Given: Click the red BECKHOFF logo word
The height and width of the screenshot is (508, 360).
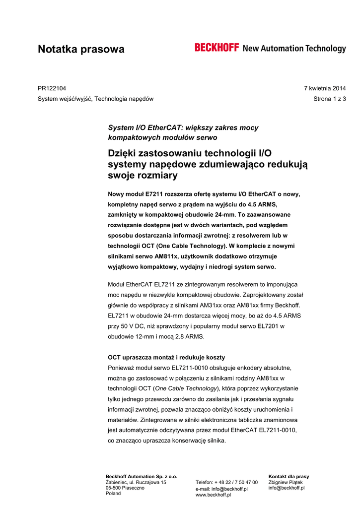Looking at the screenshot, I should [x=217, y=48].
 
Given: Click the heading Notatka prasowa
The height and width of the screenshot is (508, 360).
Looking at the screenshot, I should [x=81, y=49].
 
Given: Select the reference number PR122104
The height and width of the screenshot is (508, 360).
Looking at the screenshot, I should [x=52, y=88].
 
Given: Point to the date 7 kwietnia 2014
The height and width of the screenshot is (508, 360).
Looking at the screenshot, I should [x=325, y=88].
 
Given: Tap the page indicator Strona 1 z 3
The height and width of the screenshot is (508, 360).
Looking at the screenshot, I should [x=330, y=99].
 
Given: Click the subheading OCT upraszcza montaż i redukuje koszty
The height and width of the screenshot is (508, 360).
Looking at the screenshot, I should [x=166, y=357].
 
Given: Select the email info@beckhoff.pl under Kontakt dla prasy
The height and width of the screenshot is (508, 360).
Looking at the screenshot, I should [x=287, y=488].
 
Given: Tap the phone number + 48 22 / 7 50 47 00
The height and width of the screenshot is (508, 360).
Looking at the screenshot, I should [x=236, y=482].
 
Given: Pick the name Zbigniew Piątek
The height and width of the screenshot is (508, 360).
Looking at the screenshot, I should [x=286, y=482].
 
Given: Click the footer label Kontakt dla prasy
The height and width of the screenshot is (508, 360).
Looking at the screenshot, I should [x=288, y=476].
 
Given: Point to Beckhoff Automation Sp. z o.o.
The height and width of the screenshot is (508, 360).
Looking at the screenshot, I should [x=142, y=476].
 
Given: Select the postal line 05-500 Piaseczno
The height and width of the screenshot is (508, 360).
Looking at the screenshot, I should [x=125, y=488].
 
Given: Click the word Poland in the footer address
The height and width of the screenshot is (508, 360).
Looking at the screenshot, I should [x=113, y=494].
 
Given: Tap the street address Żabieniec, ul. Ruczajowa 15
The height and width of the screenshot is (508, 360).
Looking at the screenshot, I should [x=136, y=482].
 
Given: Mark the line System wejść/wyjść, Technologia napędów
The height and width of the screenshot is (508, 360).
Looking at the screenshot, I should [x=96, y=99].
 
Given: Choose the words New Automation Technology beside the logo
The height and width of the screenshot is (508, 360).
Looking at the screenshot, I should [x=294, y=49].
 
